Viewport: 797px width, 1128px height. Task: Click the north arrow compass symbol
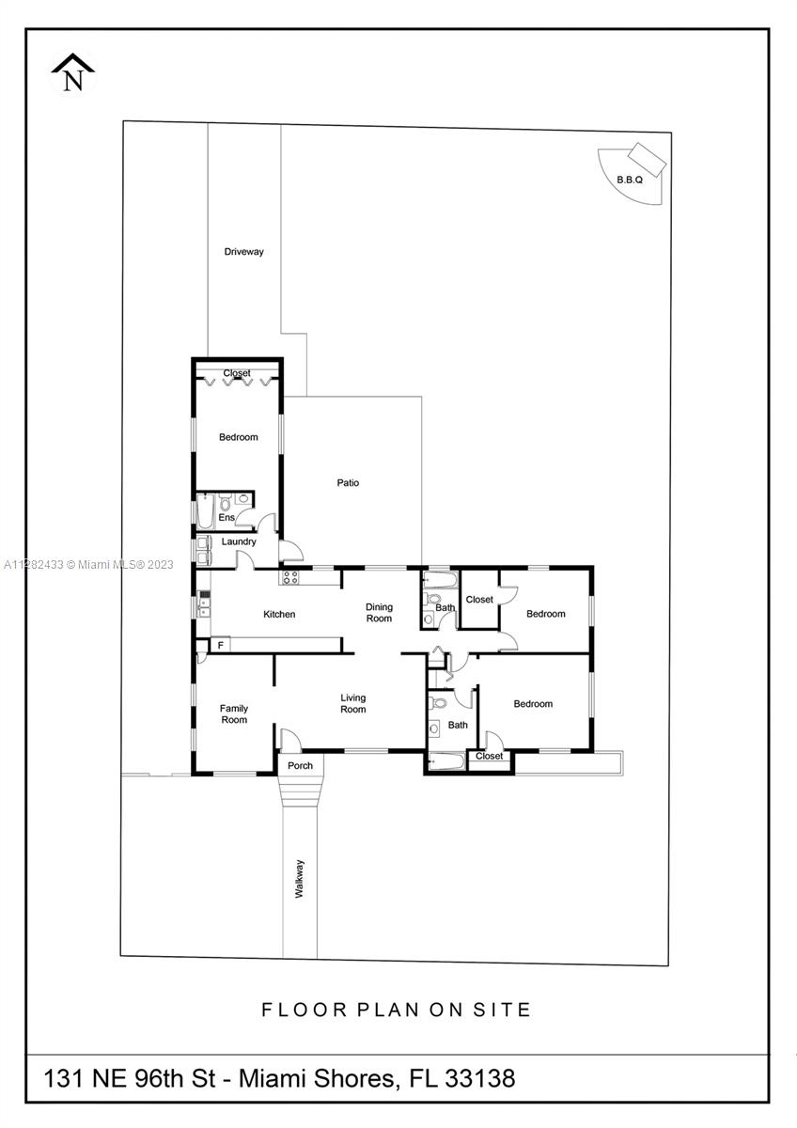73,73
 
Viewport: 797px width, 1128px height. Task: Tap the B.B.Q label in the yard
630,180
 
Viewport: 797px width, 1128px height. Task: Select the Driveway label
243,251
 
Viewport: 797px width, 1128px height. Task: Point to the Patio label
348,482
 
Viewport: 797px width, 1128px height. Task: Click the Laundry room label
239,541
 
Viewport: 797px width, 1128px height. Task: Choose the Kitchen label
279,614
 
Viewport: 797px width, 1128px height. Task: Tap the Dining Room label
379,612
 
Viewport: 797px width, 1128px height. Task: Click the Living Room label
353,703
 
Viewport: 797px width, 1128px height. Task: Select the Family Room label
234,713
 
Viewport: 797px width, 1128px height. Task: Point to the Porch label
300,765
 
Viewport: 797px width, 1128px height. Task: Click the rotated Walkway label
299,879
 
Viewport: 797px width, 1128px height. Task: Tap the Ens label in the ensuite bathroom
227,517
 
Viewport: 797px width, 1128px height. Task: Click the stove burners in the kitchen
289,577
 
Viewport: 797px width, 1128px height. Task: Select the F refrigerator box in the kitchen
220,645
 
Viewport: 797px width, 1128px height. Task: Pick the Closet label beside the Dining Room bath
479,600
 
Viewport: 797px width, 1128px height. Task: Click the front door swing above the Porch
291,741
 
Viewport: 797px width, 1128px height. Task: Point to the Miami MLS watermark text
88,565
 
